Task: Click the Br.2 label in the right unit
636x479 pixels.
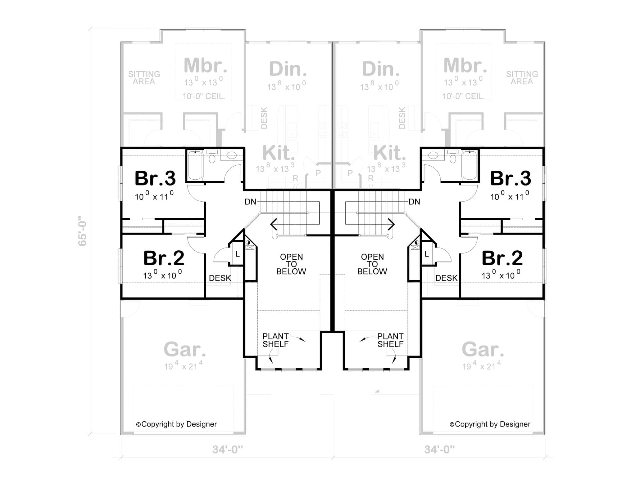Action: [x=502, y=258]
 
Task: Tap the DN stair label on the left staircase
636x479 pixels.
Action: [x=250, y=202]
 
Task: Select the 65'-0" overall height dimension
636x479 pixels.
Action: [x=82, y=231]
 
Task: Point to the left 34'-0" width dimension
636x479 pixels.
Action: [x=227, y=449]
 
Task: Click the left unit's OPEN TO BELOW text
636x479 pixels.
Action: [x=291, y=264]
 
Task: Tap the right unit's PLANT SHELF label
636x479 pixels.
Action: [x=390, y=340]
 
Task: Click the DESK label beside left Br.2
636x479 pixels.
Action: [x=220, y=278]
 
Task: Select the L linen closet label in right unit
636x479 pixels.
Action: [x=427, y=254]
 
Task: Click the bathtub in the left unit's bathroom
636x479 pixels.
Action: [x=195, y=165]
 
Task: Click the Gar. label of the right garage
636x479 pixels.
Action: [x=483, y=350]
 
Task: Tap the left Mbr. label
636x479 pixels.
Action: [x=205, y=65]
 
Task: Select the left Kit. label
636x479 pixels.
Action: [x=279, y=153]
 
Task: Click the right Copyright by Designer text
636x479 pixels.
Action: [x=490, y=424]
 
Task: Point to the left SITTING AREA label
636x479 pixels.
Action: [x=144, y=78]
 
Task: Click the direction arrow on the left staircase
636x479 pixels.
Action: [x=274, y=224]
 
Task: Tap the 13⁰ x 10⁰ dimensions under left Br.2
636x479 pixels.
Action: [x=162, y=275]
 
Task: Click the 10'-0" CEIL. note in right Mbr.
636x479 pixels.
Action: [x=464, y=96]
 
